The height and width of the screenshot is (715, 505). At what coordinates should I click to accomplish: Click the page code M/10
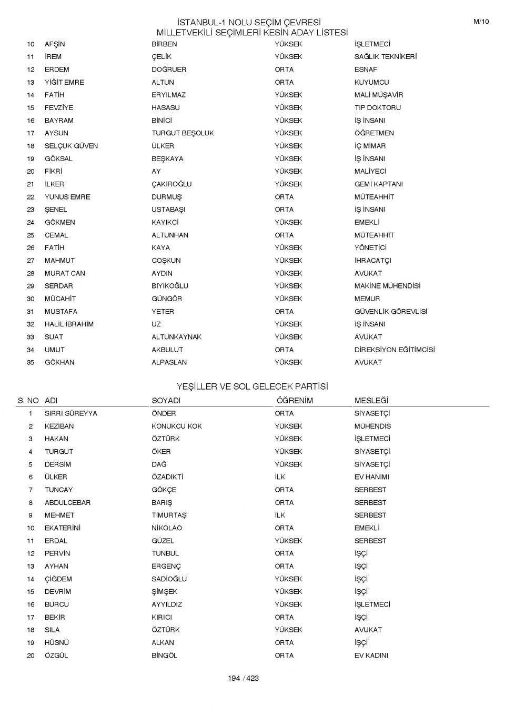coord(481,22)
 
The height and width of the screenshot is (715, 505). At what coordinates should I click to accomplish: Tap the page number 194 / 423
coord(243,678)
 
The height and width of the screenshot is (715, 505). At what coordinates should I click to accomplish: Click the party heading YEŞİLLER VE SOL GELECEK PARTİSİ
coord(252,386)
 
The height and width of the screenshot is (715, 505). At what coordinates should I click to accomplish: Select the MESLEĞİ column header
coord(371,401)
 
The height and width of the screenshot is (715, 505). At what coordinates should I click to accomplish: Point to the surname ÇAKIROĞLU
coord(171,184)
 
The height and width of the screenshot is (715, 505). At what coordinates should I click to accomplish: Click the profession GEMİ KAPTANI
coord(378,184)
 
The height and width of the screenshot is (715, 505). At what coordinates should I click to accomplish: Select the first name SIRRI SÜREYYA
coord(70,413)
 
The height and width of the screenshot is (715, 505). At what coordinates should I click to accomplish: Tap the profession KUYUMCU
coord(371,82)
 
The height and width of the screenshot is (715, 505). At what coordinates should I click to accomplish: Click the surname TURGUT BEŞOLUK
coord(183,133)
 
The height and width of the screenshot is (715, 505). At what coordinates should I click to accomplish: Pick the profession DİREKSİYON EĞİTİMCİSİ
coord(395,350)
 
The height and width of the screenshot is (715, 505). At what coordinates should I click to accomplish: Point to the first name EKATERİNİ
coord(62,528)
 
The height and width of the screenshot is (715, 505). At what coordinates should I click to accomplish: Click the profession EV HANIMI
coord(371,477)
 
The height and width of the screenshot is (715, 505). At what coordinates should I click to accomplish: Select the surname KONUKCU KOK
coord(177,426)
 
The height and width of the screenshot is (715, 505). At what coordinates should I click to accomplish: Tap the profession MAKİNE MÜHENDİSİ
coord(387,286)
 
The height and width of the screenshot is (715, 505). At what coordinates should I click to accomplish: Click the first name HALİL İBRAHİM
coord(69,324)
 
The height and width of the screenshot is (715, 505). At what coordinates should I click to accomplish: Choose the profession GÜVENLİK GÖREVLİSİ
coord(390,312)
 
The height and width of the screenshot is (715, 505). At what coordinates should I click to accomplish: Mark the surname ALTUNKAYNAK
coord(176,337)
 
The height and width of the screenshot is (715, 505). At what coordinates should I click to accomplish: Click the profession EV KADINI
coord(371,656)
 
